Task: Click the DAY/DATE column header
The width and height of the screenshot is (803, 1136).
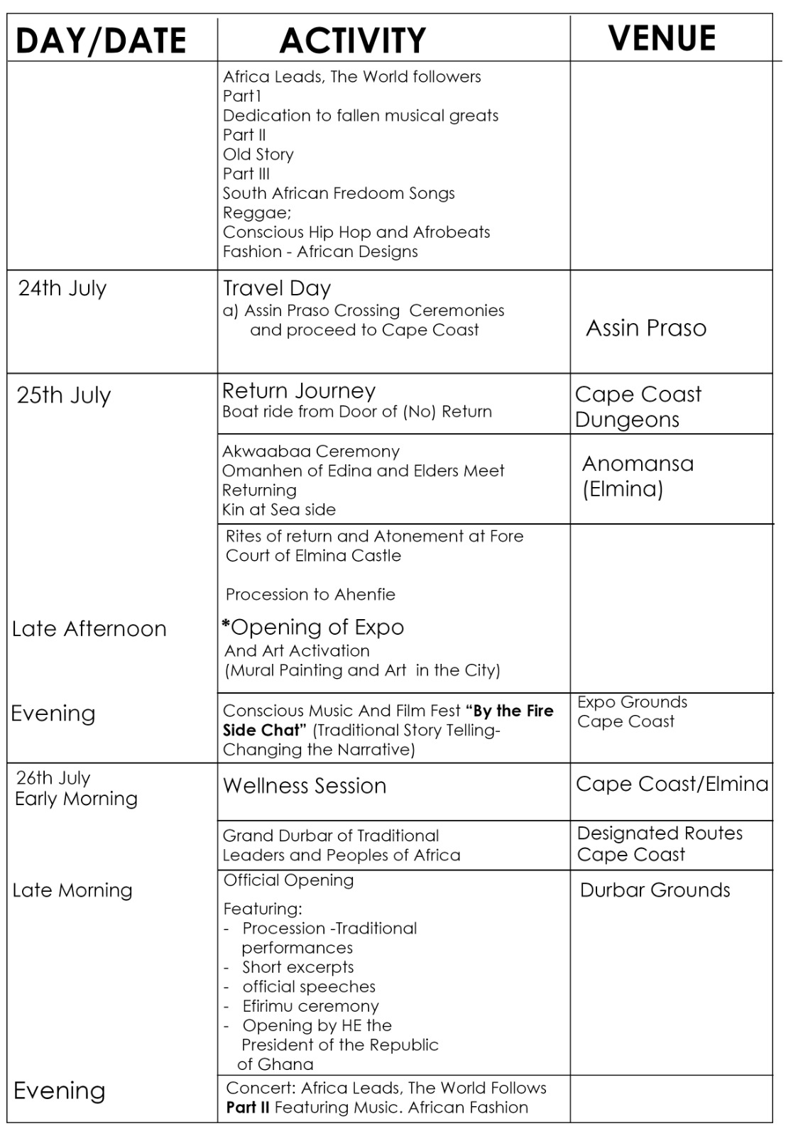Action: tap(100, 40)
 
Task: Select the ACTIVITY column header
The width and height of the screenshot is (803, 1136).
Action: tap(352, 40)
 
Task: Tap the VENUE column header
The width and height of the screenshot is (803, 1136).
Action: tap(662, 38)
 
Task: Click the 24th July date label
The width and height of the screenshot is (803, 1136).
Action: tap(62, 288)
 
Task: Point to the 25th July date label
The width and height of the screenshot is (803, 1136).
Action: tap(64, 395)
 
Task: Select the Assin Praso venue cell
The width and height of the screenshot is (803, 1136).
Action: tap(646, 328)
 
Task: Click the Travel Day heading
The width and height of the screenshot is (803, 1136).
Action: tap(277, 288)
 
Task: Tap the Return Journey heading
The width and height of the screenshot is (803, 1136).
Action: tap(299, 390)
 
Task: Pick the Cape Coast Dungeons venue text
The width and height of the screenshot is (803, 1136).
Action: tap(638, 406)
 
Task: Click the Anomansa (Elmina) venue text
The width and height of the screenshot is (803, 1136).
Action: tap(638, 476)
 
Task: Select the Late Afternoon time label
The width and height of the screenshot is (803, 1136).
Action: tap(89, 628)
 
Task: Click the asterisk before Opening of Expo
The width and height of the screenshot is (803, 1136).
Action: tap(226, 626)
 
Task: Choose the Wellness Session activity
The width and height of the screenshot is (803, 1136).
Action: tap(305, 786)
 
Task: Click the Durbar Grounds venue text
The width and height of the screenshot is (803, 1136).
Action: tap(655, 890)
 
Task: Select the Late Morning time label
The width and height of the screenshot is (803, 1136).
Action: tap(72, 890)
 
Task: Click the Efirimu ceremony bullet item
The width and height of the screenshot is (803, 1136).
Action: tap(310, 1006)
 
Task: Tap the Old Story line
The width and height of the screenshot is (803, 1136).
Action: tap(258, 154)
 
